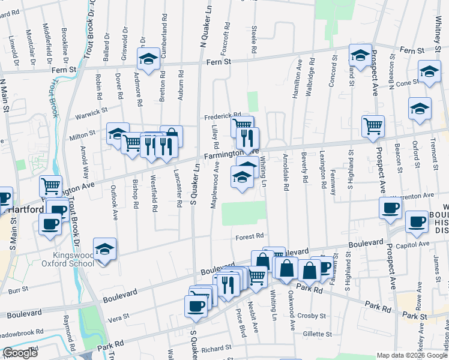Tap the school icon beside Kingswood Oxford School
point(104,249)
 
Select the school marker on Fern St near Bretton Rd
point(148,59)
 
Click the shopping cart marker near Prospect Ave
point(373,126)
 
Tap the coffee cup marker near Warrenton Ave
point(390,208)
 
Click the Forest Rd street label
point(250,236)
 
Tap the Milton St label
point(84,133)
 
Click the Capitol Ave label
point(417,244)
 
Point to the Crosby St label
point(314,315)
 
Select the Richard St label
point(216,348)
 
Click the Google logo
point(20,353)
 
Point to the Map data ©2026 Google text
point(411,355)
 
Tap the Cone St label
point(406,83)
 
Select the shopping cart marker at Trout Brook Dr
point(51,186)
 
